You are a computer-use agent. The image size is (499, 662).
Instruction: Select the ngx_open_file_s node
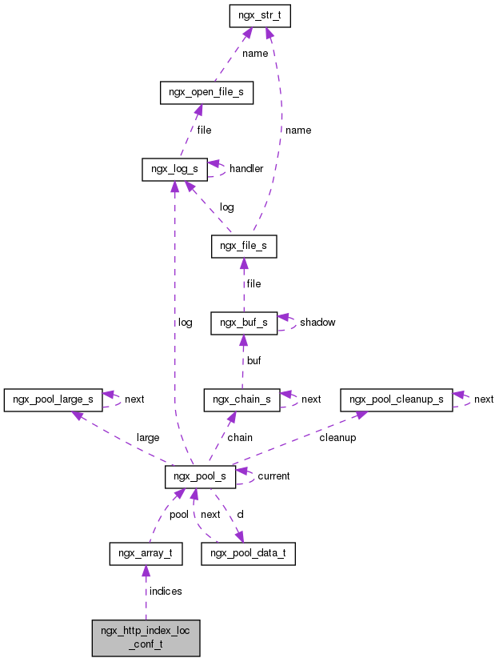[206, 93]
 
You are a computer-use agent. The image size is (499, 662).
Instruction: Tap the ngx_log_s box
[174, 170]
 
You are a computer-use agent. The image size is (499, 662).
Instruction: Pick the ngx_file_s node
[244, 247]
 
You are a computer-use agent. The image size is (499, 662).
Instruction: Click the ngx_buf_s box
[244, 323]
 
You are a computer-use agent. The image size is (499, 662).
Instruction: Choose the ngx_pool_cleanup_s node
[396, 399]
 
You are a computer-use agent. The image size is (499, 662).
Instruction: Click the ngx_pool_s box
[200, 477]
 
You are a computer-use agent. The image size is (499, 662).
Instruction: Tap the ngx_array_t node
[146, 553]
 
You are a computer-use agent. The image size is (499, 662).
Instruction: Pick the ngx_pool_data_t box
[248, 553]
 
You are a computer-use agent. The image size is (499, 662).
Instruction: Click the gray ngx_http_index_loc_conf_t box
[146, 637]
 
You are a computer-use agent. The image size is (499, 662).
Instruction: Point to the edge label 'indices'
[166, 592]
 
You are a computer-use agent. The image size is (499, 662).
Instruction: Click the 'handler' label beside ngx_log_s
[246, 170]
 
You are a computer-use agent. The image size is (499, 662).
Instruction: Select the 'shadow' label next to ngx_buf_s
[317, 323]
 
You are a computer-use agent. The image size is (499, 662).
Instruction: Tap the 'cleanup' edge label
[337, 438]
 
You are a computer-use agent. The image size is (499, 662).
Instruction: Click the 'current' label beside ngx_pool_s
[273, 476]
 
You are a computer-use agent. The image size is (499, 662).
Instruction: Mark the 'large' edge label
[148, 438]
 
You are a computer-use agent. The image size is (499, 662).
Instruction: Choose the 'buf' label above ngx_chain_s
[253, 361]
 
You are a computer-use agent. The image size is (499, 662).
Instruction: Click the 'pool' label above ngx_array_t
[178, 515]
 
